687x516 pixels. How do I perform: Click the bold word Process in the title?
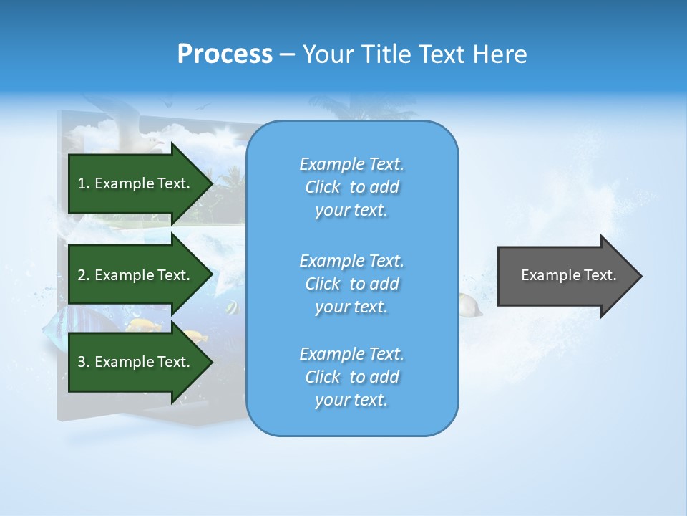tap(225, 54)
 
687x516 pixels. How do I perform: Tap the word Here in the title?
tap(500, 54)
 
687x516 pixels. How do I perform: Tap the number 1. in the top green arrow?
tap(84, 183)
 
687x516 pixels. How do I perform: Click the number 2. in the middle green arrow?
tap(84, 275)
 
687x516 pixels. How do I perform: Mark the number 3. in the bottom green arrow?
tap(84, 362)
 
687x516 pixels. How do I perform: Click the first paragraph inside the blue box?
tap(351, 187)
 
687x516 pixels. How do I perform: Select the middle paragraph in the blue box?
tap(351, 284)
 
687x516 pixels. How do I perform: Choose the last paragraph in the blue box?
tap(351, 377)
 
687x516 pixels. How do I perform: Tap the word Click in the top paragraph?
tap(323, 187)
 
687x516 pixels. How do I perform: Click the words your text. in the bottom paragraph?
tap(351, 400)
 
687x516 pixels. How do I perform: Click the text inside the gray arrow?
tap(568, 275)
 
